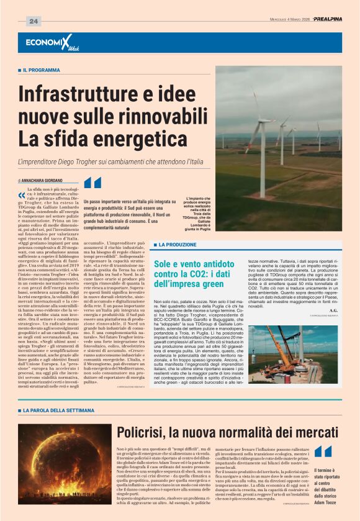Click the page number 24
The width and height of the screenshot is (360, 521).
click(x=33, y=22)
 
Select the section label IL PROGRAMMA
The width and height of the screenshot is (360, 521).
click(x=43, y=71)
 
